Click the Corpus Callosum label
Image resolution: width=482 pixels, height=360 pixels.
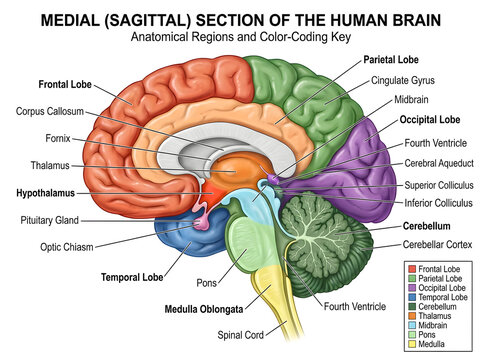point(50,111)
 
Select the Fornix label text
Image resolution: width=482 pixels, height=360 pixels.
point(58,138)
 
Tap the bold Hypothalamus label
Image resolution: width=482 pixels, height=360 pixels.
point(46,193)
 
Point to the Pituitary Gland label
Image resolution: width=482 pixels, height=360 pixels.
point(50,220)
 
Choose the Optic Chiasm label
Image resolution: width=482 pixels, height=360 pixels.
point(67,247)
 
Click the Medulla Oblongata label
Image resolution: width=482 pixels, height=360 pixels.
point(204,309)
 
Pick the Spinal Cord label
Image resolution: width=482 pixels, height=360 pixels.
point(240,335)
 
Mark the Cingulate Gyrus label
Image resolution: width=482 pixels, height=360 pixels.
point(403,80)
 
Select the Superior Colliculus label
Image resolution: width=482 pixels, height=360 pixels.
point(439,185)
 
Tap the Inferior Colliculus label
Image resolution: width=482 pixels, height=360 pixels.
point(438,203)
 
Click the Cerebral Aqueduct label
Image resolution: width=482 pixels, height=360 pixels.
point(439,163)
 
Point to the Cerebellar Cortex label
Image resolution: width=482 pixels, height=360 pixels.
point(437,245)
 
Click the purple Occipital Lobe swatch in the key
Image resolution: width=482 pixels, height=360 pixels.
point(412,288)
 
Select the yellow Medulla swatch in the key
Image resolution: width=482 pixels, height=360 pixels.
point(412,344)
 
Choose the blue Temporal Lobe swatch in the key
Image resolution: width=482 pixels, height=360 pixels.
point(412,297)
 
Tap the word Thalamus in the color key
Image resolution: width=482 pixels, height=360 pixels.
point(435,316)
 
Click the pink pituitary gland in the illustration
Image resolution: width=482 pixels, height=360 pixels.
point(202,223)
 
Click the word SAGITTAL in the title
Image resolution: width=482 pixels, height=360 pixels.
point(147,20)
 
